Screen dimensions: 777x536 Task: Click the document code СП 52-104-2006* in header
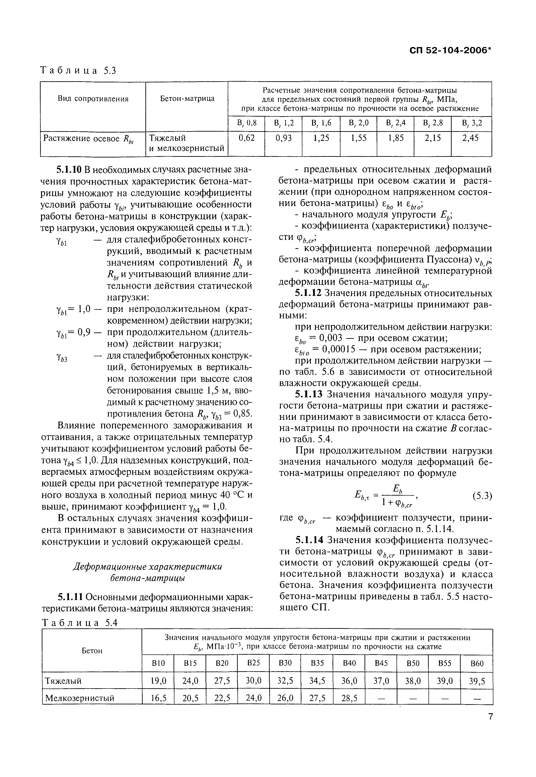coord(451,50)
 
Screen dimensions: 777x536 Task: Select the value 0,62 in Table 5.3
coord(247,138)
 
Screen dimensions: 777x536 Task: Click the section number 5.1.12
coord(308,293)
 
